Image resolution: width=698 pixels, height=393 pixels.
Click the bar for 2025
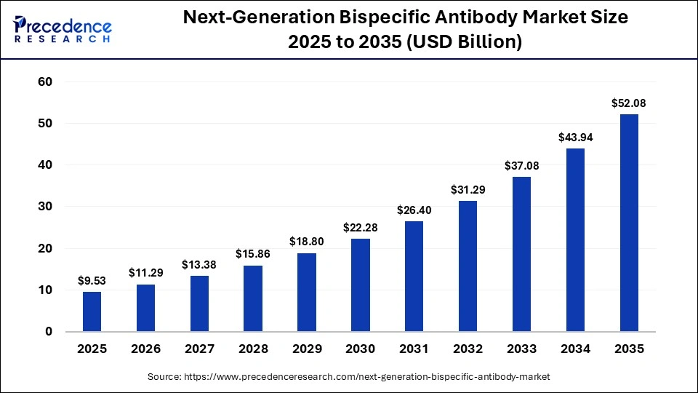coord(92,311)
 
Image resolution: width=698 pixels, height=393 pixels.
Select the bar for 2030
coord(361,285)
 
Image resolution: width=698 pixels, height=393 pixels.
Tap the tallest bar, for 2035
coord(629,223)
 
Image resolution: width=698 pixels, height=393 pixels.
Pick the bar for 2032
coord(468,266)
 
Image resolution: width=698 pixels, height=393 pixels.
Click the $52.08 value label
coord(629,103)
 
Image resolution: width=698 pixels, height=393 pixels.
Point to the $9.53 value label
coord(92,280)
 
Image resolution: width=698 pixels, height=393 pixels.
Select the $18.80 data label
coord(307,242)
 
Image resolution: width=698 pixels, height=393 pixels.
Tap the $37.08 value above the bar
coord(521,166)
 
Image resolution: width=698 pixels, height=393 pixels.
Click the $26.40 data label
coord(414,210)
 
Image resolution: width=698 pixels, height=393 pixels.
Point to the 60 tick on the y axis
coord(45,82)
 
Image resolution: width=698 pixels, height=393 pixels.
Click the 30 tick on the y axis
coord(45,207)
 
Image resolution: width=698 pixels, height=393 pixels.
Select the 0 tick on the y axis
coord(49,332)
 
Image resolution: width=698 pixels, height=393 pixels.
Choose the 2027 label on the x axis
coord(199,349)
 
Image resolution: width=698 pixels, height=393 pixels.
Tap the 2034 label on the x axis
coord(575,349)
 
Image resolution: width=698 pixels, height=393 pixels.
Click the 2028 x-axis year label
coord(253,349)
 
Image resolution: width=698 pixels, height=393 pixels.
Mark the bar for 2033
coord(521,254)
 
